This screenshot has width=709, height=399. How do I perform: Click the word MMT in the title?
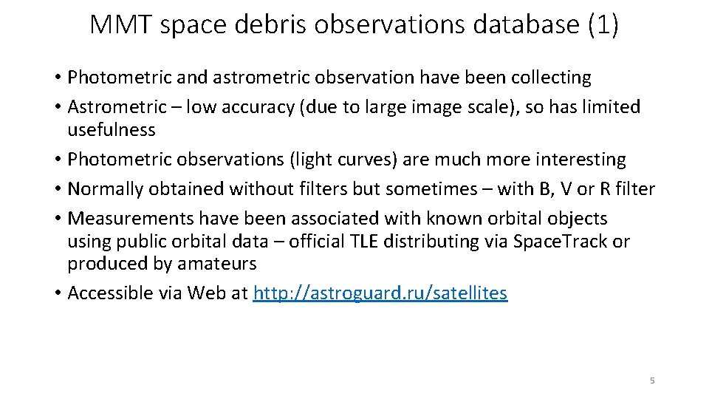tap(121, 24)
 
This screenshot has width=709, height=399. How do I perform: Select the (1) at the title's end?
tap(603, 24)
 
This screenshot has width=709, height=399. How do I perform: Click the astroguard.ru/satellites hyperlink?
tap(380, 293)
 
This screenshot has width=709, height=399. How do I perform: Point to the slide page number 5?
tap(652, 381)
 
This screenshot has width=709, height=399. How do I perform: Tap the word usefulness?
tap(112, 130)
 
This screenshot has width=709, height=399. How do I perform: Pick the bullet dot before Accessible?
tap(57, 293)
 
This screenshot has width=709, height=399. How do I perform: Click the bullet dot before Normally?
tap(57, 189)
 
